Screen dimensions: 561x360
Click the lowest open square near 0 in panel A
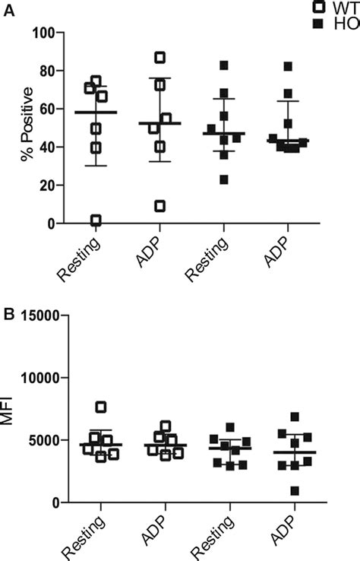point(96,220)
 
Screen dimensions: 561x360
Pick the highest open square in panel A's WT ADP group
point(160,58)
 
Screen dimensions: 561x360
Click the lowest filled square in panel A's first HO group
point(224,179)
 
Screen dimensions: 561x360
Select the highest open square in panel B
point(100,407)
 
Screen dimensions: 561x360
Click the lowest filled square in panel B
point(285,490)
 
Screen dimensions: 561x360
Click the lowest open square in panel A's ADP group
point(159,206)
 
